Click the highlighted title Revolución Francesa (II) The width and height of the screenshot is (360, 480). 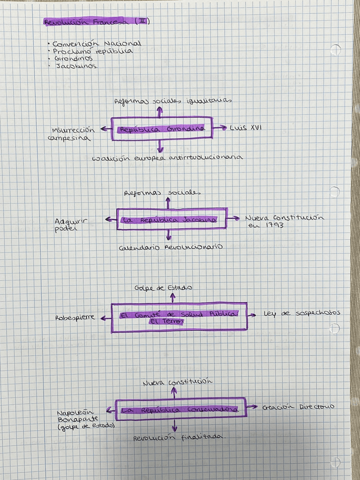tap(96, 23)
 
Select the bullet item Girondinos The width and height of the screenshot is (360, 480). tap(74, 58)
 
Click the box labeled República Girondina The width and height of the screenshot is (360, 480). tap(162, 129)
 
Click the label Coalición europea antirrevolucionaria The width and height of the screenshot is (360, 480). tap(168, 157)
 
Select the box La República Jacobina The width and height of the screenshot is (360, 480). tap(171, 219)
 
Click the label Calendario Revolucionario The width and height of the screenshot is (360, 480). tap(170, 247)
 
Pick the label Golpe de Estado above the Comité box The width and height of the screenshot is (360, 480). tap(163, 288)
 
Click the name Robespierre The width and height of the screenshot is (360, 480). tap(75, 318)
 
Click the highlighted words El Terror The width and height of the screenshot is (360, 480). tap(162, 322)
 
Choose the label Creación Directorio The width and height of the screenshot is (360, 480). tap(298, 406)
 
